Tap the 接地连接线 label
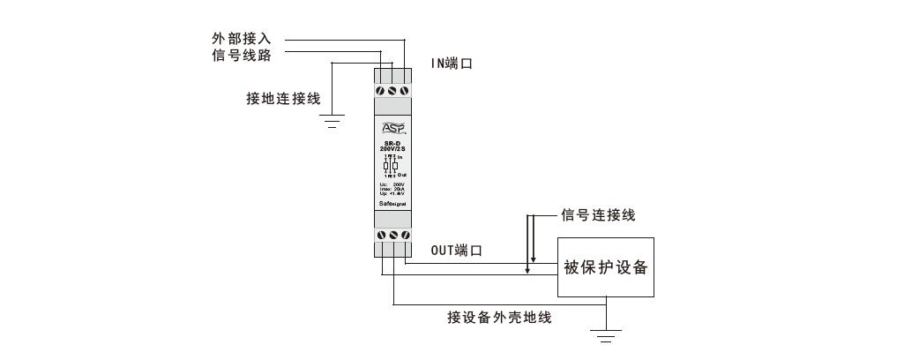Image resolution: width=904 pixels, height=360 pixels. pyautogui.click(x=283, y=98)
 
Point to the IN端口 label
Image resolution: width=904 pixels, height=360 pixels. pyautogui.click(x=452, y=64)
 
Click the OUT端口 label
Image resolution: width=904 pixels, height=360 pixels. pyautogui.click(x=456, y=251)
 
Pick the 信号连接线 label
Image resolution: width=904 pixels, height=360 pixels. pyautogui.click(x=598, y=215)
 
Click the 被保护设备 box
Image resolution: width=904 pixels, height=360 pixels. pyautogui.click(x=605, y=266)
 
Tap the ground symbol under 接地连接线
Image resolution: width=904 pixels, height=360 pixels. pyautogui.click(x=332, y=121)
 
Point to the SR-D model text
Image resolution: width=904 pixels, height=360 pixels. pyautogui.click(x=392, y=145)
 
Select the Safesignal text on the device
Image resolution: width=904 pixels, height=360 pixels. pyautogui.click(x=392, y=203)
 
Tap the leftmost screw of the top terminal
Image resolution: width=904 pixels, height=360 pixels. pyautogui.click(x=381, y=90)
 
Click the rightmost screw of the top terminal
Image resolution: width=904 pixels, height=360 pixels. pyautogui.click(x=405, y=90)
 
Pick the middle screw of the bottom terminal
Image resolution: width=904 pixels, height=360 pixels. pyautogui.click(x=392, y=236)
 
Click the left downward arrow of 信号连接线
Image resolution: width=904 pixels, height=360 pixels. pyautogui.click(x=527, y=267)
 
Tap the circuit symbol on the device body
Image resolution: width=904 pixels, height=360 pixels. pyautogui.click(x=391, y=165)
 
